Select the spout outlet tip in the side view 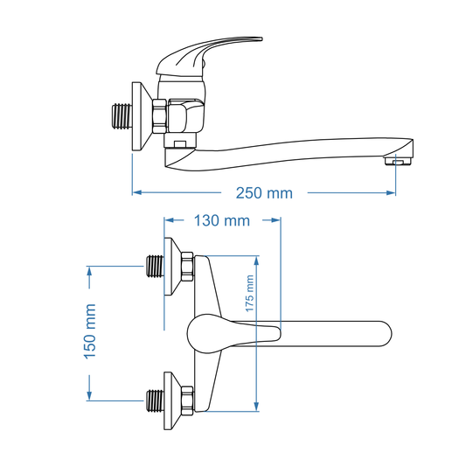tap(399, 161)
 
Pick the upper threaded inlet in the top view tap(154, 265)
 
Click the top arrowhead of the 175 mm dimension tap(257, 260)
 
